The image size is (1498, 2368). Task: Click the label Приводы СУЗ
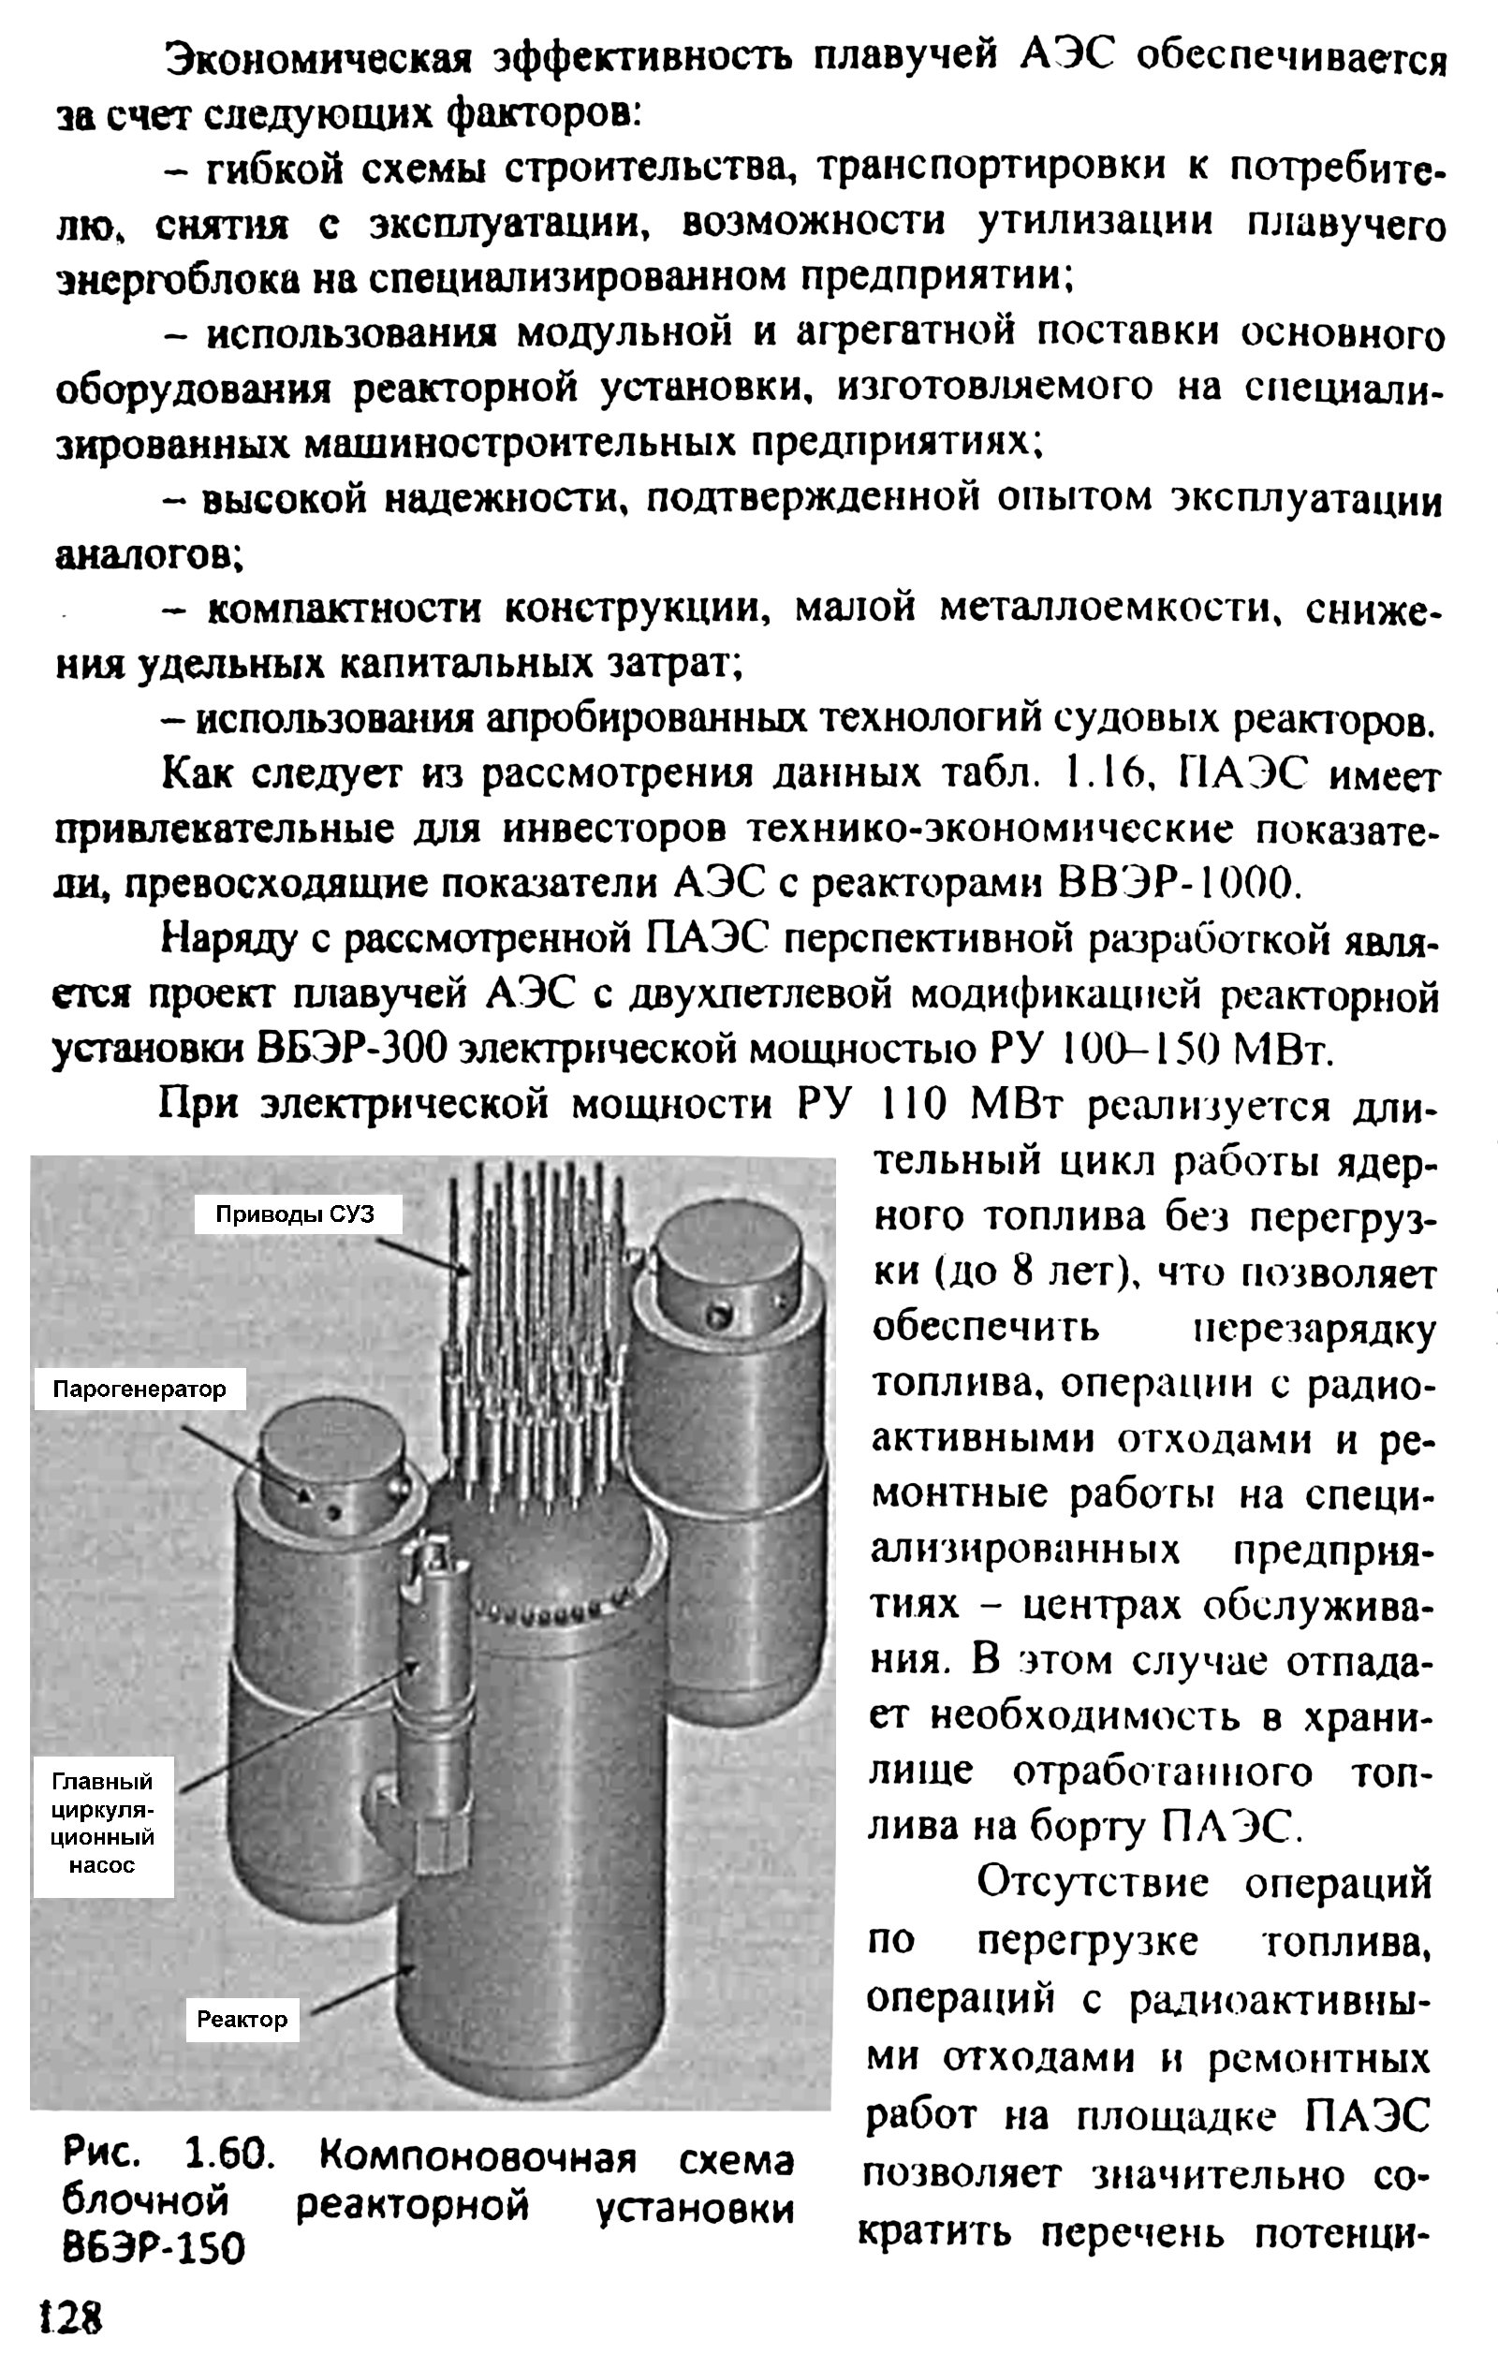click(296, 1213)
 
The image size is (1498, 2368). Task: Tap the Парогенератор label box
click(139, 1390)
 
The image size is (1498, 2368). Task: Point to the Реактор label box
click(242, 2019)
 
